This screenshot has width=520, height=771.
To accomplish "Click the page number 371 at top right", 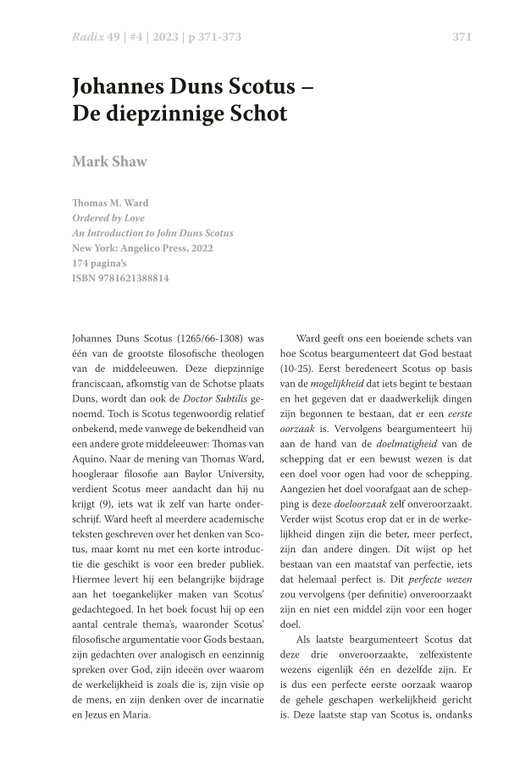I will (x=462, y=37).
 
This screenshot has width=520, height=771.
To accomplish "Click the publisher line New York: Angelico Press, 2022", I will (x=142, y=248).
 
